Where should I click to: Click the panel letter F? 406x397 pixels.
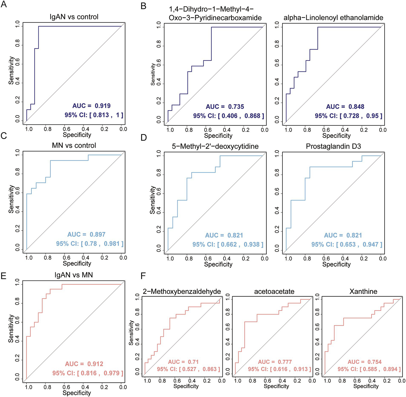(x=143, y=276)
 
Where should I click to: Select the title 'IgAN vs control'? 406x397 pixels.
(x=74, y=17)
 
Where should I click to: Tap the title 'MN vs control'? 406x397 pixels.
(x=74, y=146)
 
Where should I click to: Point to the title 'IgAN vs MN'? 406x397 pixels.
(x=74, y=275)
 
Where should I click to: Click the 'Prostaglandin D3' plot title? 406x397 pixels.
(x=333, y=146)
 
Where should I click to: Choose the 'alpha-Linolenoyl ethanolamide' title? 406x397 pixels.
(x=333, y=18)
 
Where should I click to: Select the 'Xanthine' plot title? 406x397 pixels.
(x=363, y=291)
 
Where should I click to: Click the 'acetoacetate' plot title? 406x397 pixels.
(x=274, y=291)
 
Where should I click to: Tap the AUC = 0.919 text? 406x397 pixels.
(x=92, y=106)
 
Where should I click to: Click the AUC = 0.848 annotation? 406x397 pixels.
(x=345, y=107)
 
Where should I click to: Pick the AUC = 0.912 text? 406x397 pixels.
(x=84, y=364)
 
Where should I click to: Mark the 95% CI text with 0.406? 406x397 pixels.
(x=229, y=116)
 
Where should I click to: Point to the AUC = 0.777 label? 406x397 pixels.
(x=275, y=362)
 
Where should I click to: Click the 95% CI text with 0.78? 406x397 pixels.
(x=90, y=244)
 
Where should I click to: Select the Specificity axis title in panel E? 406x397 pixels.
(x=77, y=393)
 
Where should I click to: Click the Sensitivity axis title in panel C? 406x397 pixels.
(x=11, y=199)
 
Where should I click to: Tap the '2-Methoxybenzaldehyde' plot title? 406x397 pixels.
(x=182, y=291)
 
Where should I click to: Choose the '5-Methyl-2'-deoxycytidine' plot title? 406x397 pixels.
(x=215, y=146)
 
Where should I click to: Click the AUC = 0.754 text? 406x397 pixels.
(x=364, y=362)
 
